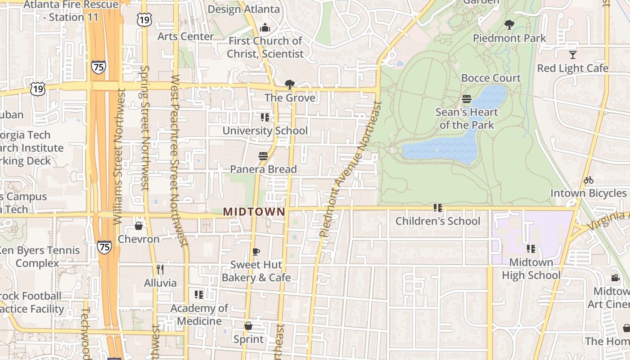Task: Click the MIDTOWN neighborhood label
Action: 254,211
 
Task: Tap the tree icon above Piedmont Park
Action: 509,25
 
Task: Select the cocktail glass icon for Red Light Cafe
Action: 572,55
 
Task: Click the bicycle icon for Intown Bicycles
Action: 588,180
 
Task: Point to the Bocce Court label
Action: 491,78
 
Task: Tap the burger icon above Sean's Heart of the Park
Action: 467,99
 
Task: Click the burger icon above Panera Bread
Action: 263,156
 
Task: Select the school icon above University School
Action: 265,117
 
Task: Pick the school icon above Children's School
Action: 438,208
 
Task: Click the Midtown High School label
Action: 531,269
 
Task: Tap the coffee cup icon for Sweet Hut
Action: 256,252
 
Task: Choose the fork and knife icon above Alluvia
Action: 160,270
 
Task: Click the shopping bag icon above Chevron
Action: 139,225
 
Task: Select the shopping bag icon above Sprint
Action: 248,326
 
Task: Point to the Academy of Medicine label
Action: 199,315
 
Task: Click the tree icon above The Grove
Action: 290,84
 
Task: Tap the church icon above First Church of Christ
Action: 265,27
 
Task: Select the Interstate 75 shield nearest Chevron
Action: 104,247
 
